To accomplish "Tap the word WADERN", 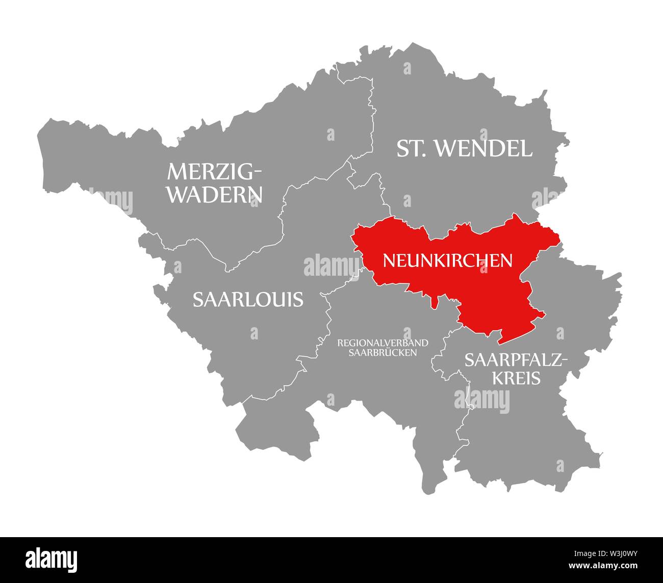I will coord(215,195).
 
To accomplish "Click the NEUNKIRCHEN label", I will coord(447,260).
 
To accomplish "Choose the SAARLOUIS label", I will coord(248,299).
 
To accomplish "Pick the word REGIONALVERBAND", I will coord(382,342).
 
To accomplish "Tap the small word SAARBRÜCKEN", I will coord(383,352).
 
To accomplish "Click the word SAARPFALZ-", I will coord(516,360).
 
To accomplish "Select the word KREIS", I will coord(516,378).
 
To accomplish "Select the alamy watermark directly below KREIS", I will coord(481,398).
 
